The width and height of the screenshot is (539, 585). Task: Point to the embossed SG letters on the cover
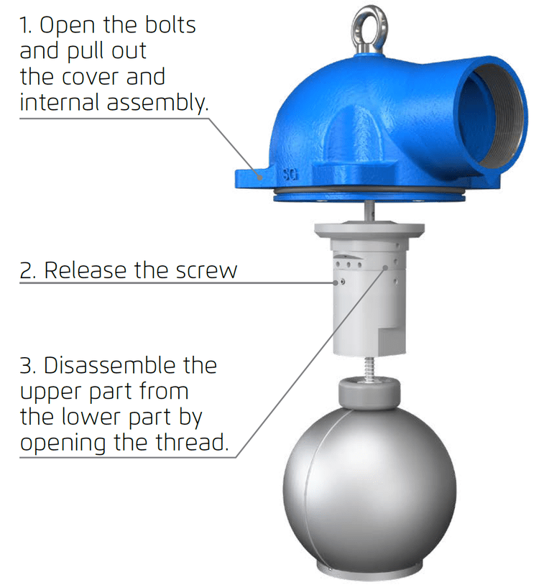[x=290, y=175]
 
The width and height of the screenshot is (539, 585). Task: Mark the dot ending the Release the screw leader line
[x=343, y=282]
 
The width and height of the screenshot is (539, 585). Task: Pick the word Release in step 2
[x=86, y=270]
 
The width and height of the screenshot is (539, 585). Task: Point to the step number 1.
[x=26, y=25]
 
